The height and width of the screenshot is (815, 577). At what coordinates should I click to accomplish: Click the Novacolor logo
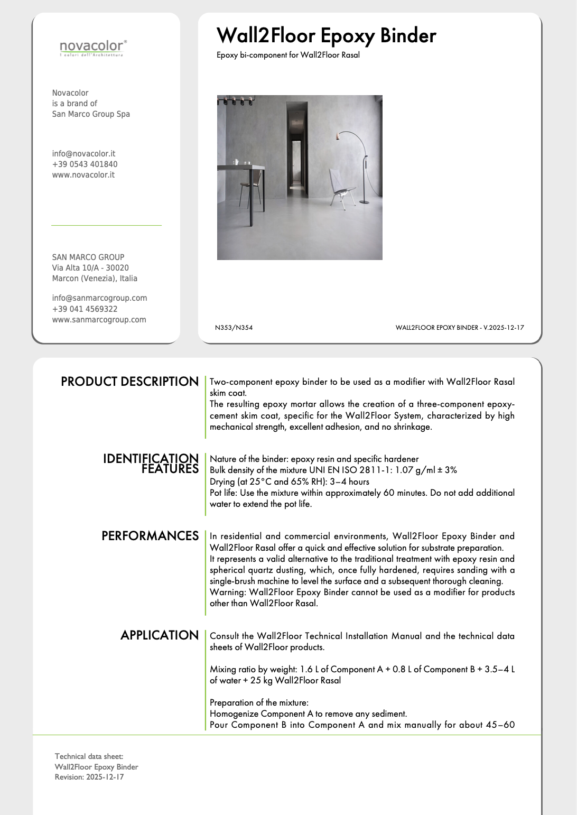[93, 48]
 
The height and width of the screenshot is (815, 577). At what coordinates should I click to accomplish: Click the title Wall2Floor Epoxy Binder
[326, 36]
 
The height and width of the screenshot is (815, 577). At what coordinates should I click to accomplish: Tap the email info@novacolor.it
[83, 154]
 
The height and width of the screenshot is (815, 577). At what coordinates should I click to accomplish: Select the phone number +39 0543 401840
[85, 164]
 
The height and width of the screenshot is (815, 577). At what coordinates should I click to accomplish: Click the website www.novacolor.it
[83, 175]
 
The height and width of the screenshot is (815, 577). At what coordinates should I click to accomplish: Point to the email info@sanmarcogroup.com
[99, 298]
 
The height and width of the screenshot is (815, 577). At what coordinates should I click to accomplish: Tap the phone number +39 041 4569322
[85, 309]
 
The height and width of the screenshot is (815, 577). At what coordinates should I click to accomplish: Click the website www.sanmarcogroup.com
[99, 320]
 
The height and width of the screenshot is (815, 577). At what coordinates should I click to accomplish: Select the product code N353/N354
[234, 328]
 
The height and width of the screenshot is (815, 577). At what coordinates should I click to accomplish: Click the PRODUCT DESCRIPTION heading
[129, 382]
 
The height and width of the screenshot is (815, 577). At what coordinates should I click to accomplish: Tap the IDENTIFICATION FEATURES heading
[151, 464]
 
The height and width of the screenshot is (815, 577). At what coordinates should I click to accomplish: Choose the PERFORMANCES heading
[150, 536]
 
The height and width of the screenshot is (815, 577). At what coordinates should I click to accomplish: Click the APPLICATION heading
[159, 635]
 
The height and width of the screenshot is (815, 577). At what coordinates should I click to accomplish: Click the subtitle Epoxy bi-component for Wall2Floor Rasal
[288, 55]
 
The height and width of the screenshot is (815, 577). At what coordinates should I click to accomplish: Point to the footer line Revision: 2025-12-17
[89, 777]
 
